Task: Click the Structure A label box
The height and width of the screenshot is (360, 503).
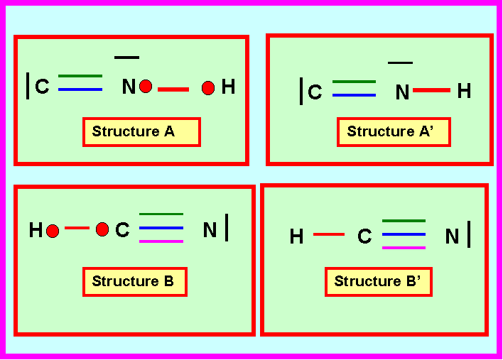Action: coord(141,132)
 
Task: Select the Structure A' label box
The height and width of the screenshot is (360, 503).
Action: coord(394,132)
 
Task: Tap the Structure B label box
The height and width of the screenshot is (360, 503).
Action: coord(135,282)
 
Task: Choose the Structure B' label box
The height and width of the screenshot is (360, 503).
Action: coord(379,282)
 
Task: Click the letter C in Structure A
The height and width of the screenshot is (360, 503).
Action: coord(43,87)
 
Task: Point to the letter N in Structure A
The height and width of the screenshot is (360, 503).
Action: coord(129,87)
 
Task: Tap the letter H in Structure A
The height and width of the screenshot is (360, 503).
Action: coord(228,87)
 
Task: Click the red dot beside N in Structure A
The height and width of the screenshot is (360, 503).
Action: coord(146,86)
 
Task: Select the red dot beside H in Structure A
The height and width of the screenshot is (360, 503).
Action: coord(208,88)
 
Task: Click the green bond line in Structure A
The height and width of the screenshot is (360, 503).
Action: coord(80,76)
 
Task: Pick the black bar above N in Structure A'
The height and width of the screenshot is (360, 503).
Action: coord(400,62)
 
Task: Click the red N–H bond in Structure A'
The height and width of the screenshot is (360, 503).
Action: coord(431,90)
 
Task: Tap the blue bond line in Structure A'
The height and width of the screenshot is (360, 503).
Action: coord(354,95)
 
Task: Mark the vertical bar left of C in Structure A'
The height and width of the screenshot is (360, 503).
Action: coord(301,91)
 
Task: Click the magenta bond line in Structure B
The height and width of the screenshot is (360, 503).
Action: coord(161,241)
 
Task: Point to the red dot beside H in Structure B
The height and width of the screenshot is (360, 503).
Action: coord(53,231)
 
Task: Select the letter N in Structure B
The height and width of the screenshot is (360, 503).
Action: coord(210,230)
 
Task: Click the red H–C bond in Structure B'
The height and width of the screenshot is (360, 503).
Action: coord(329,234)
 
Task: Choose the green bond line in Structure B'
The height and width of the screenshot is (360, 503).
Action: coord(404,221)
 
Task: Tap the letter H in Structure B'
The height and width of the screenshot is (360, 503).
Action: coord(296,236)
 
